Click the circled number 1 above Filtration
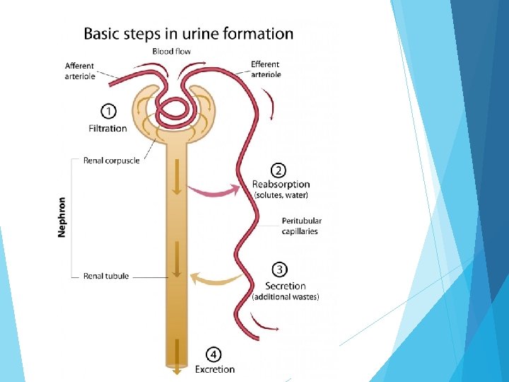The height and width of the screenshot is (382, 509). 108,111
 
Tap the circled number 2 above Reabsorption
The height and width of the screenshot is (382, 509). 279,170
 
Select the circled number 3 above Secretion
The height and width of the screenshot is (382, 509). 279,270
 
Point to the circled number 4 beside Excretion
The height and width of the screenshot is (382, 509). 213,354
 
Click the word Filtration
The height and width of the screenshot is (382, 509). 107,128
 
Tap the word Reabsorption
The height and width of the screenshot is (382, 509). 281,185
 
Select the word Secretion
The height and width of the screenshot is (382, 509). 286,286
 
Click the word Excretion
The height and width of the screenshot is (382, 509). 215,369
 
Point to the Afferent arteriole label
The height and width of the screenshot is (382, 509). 80,71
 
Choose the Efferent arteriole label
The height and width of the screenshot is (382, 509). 266,69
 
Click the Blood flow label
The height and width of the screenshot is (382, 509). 171,52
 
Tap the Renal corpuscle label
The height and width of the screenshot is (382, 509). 112,161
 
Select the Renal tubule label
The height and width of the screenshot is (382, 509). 106,276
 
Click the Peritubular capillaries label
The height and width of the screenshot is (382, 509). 302,226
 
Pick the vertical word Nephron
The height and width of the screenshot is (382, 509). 62,217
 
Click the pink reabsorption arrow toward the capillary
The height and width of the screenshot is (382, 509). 213,191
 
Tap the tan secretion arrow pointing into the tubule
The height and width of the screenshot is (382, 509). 216,279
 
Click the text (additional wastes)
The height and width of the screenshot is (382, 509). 286,297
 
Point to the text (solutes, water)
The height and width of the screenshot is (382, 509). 281,195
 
